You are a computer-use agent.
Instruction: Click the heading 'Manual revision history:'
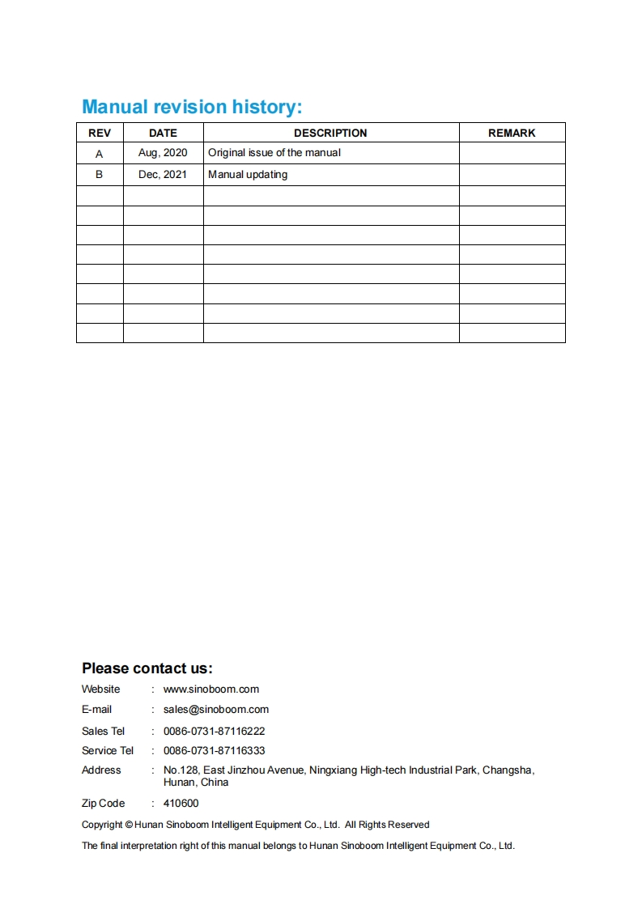click(192, 107)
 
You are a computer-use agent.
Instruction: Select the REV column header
click(100, 133)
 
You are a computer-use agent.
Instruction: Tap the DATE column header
click(163, 133)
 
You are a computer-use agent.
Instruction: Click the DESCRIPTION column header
click(330, 133)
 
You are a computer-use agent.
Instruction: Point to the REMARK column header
click(512, 133)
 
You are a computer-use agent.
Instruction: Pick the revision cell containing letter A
click(100, 153)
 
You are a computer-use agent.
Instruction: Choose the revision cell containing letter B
click(100, 174)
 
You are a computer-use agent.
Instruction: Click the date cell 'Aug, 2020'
click(163, 153)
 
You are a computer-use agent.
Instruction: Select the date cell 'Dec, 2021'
click(163, 174)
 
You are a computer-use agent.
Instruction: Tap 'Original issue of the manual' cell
click(274, 153)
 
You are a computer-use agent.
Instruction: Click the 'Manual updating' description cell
click(248, 174)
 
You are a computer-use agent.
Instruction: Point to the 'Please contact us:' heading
click(147, 668)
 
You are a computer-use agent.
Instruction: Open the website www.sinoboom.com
click(211, 689)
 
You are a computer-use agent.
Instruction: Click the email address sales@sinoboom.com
click(216, 710)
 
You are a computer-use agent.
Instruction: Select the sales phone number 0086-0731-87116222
click(215, 731)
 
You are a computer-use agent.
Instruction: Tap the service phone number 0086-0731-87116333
click(215, 751)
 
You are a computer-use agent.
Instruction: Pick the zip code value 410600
click(181, 804)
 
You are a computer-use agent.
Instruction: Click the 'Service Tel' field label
click(108, 751)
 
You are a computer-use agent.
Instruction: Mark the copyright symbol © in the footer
click(130, 825)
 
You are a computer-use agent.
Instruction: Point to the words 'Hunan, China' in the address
click(196, 783)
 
